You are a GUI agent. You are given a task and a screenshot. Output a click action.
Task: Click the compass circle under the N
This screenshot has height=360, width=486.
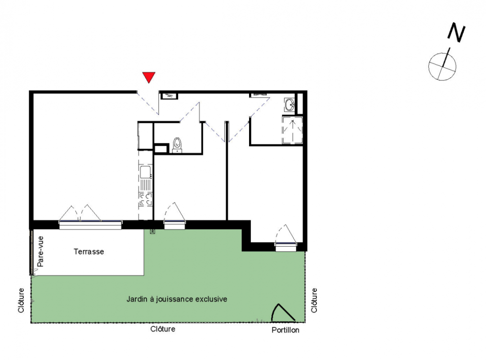click(442, 67)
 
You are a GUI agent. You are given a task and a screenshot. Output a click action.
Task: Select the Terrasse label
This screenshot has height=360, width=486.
click(89, 252)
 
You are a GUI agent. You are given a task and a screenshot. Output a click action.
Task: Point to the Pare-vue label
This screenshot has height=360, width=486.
click(40, 252)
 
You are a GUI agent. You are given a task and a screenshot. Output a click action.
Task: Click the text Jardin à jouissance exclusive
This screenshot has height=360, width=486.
click(177, 299)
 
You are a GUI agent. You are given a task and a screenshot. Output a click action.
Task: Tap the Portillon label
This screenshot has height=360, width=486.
click(285, 330)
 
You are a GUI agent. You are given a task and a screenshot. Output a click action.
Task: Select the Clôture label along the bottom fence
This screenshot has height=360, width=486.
click(163, 328)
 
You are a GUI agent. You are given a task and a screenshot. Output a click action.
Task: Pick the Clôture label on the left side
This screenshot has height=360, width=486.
click(21, 301)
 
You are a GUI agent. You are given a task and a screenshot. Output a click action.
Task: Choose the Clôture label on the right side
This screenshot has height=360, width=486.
click(314, 301)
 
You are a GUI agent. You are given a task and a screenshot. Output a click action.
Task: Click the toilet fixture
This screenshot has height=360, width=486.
click(177, 145)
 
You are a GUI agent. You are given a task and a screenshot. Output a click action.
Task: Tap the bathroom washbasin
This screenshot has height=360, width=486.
click(290, 104)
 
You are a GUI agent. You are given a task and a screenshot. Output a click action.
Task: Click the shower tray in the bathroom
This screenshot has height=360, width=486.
click(292, 130)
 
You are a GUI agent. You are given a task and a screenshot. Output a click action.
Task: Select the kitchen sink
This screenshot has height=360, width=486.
click(145, 172)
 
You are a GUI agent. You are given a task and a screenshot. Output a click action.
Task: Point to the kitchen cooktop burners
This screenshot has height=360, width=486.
click(145, 200)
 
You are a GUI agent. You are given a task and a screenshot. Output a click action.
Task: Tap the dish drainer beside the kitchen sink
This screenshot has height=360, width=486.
click(145, 185)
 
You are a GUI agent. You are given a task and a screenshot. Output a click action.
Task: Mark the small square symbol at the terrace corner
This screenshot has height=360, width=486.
click(152, 231)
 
